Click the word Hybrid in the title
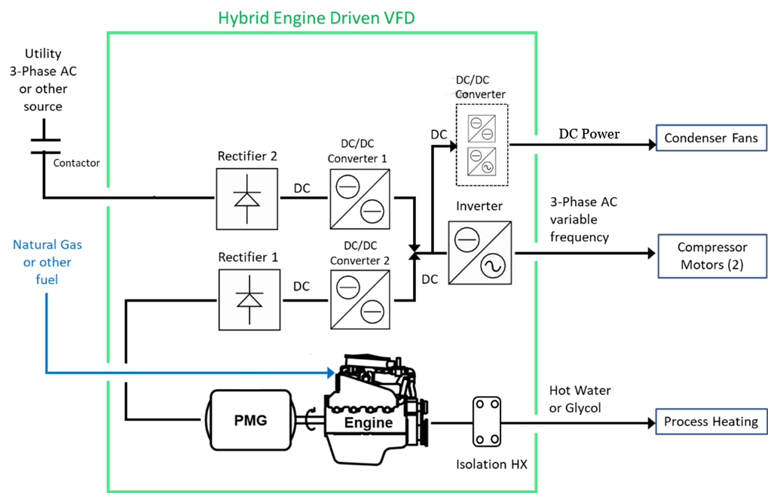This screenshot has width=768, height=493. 242,18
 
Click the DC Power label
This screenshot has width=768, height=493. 589,134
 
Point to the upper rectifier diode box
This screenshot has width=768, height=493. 247,199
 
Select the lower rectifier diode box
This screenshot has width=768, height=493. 249,300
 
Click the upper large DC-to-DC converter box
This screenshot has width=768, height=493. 360,199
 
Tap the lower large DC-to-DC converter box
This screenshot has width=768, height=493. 360,299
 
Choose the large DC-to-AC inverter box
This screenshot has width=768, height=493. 480,252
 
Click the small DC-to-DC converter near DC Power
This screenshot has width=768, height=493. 481,129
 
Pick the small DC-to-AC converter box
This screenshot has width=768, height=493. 481,161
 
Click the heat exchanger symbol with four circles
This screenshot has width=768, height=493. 487,421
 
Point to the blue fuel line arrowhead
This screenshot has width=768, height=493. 330,373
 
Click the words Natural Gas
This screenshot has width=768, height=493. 47,245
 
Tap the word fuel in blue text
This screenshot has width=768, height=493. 47,279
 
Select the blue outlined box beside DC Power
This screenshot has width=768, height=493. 711,138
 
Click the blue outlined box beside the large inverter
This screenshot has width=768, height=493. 712,256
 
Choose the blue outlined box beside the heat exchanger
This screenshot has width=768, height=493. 711,421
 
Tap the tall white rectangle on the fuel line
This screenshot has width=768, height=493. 249,365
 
